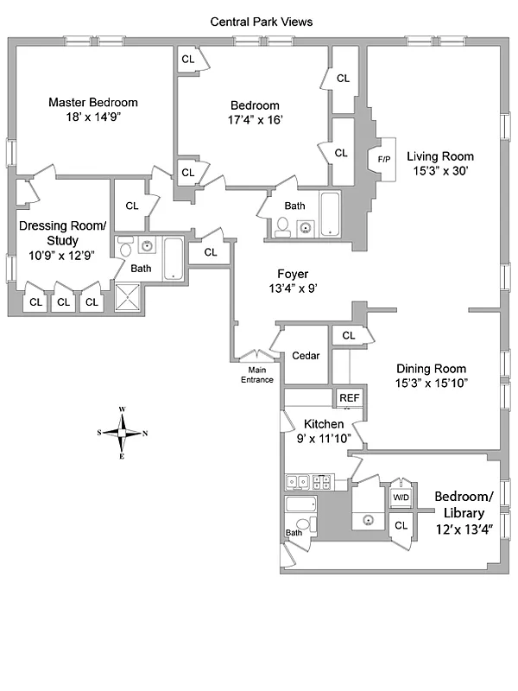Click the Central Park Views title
click(x=262, y=22)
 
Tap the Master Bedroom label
click(x=92, y=102)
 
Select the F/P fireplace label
click(x=383, y=159)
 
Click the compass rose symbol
click(x=123, y=433)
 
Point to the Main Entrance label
click(x=256, y=375)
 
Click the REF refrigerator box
click(x=349, y=397)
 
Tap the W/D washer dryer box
click(x=401, y=498)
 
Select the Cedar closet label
click(x=306, y=356)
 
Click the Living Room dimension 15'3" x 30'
click(x=440, y=171)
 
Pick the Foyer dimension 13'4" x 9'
click(x=293, y=288)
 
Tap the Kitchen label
click(x=324, y=424)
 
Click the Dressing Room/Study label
click(x=62, y=233)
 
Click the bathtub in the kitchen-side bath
click(x=301, y=505)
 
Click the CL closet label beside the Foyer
click(x=211, y=252)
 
